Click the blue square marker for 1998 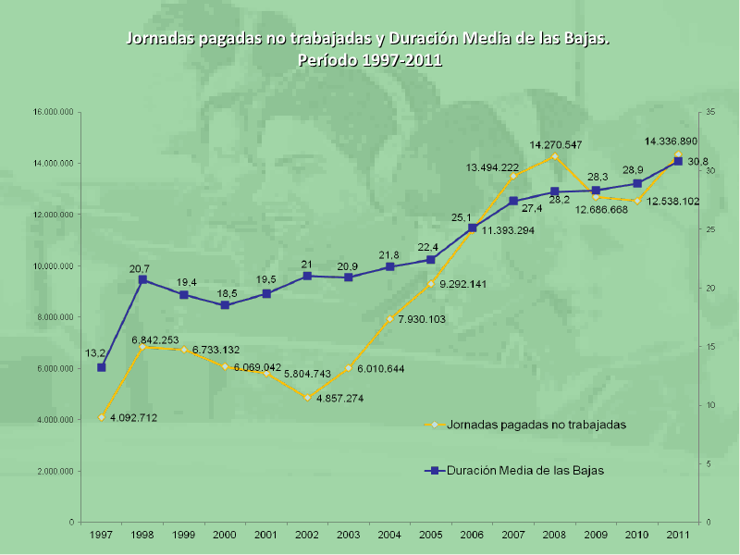click(x=142, y=279)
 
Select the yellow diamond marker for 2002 click(x=307, y=397)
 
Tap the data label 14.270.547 click(x=556, y=145)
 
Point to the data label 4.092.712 click(x=133, y=418)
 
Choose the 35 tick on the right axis click(x=709, y=112)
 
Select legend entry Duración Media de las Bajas click(x=524, y=470)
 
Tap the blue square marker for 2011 click(x=678, y=161)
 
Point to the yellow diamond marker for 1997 click(x=102, y=417)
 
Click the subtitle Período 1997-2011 click(x=369, y=60)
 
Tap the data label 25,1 click(x=462, y=217)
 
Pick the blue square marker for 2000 click(x=225, y=304)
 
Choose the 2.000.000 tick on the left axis click(x=55, y=471)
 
